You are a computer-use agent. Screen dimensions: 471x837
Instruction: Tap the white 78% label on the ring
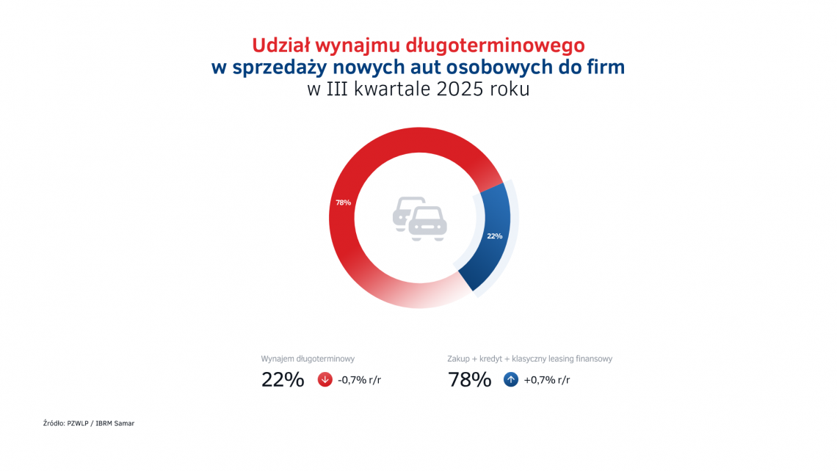[x=343, y=202]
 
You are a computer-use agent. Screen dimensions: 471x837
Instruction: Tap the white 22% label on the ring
[x=494, y=236]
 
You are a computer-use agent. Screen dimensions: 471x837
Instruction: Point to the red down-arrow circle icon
[x=325, y=380]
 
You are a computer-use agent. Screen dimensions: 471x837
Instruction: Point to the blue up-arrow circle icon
[x=511, y=380]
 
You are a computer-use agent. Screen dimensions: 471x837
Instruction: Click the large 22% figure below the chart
[x=283, y=380]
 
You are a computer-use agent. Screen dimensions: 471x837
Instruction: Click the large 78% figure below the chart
[x=469, y=380]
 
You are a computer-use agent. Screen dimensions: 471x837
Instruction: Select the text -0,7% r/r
[x=360, y=380]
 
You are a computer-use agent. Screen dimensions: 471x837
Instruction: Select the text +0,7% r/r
[x=546, y=380]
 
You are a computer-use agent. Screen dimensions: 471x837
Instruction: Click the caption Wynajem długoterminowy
[x=308, y=359]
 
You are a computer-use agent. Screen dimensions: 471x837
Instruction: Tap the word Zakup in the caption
[x=459, y=359]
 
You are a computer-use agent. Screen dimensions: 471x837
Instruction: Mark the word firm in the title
[x=606, y=67]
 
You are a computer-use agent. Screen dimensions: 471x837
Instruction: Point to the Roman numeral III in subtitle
[x=337, y=90]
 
